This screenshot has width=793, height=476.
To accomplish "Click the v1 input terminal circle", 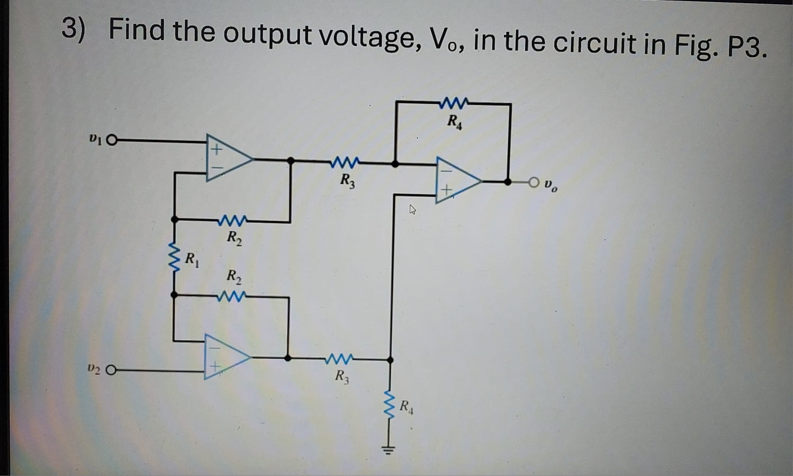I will (x=112, y=141).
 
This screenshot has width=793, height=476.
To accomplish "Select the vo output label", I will (x=551, y=186).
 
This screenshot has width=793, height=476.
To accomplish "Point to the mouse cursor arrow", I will (x=412, y=210).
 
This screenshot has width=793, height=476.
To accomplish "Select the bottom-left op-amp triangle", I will (x=226, y=357).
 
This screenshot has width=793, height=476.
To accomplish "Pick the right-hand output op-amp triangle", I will (x=456, y=181).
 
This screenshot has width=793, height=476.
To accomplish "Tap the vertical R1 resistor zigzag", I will (x=174, y=257).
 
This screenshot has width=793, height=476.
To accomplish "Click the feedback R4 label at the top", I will (x=454, y=122).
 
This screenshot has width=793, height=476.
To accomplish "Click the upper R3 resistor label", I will (x=347, y=181).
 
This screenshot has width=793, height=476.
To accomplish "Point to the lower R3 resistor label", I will (x=342, y=377).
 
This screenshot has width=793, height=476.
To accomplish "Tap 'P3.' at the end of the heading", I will (x=746, y=48).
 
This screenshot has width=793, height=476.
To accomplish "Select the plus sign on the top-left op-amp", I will (x=215, y=150).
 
